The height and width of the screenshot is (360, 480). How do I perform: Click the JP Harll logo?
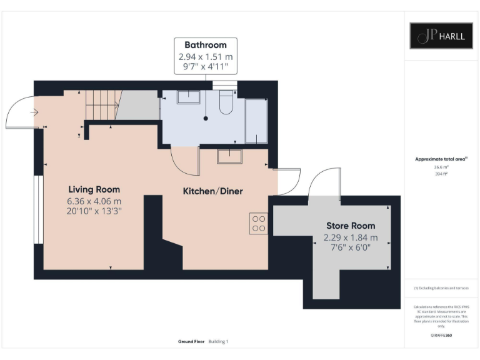point(441,36)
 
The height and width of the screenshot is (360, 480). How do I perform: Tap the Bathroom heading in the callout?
point(205,45)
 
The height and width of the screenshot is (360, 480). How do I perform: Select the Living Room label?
point(94,189)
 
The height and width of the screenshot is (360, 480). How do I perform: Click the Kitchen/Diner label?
point(212,191)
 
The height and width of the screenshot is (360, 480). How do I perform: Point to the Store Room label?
point(351,226)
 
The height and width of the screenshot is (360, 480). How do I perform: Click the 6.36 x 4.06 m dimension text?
point(94,201)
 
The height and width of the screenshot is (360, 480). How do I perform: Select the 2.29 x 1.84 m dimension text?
point(351,237)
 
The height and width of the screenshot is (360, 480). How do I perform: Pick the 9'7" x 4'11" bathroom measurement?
point(205,67)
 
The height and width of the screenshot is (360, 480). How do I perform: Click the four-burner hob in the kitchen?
point(258,223)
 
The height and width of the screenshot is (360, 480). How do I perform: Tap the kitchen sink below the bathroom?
point(229,156)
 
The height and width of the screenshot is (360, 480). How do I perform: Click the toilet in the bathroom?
point(226,102)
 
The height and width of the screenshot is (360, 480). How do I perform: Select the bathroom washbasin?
point(188,97)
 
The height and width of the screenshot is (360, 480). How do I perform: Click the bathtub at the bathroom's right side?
point(256,121)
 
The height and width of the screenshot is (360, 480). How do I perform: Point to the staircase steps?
point(102,104)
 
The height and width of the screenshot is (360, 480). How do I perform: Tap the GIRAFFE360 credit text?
point(441,336)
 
